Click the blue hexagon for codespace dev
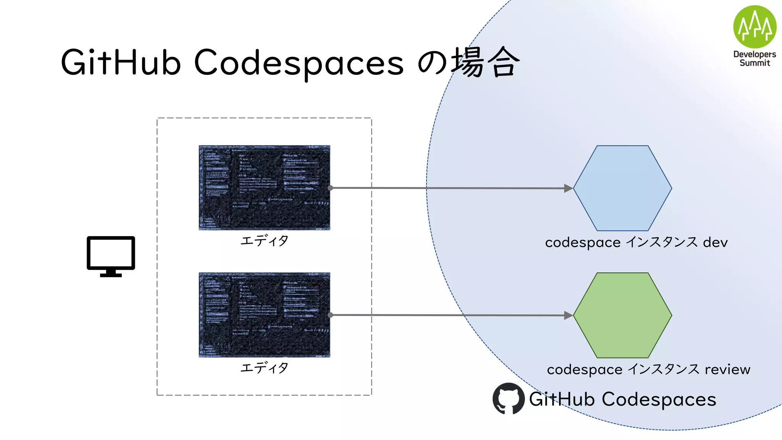[622, 188]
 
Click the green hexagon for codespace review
[622, 315]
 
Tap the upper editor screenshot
[264, 188]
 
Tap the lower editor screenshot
[264, 315]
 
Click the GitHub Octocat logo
[508, 399]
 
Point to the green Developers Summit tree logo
[755, 27]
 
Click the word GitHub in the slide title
[121, 62]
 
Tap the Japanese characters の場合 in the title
[469, 62]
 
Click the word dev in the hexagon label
[715, 243]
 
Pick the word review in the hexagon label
[727, 369]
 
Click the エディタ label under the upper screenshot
[264, 241]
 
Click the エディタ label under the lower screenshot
[264, 368]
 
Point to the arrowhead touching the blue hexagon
[569, 188]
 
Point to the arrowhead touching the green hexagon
[569, 315]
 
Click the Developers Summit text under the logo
[755, 59]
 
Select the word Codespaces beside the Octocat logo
[659, 400]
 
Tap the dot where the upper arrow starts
[330, 188]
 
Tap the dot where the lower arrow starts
[330, 315]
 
